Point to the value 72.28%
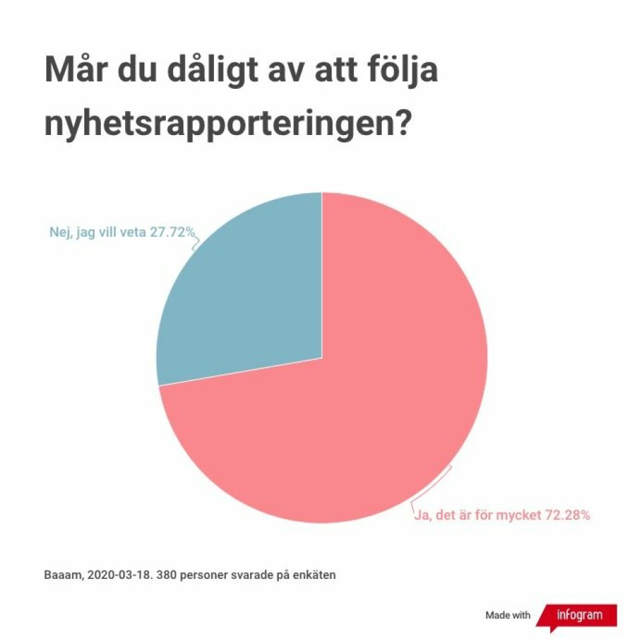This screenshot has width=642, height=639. click(x=566, y=516)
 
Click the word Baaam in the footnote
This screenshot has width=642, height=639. click(x=62, y=575)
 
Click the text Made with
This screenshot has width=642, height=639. click(x=508, y=616)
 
